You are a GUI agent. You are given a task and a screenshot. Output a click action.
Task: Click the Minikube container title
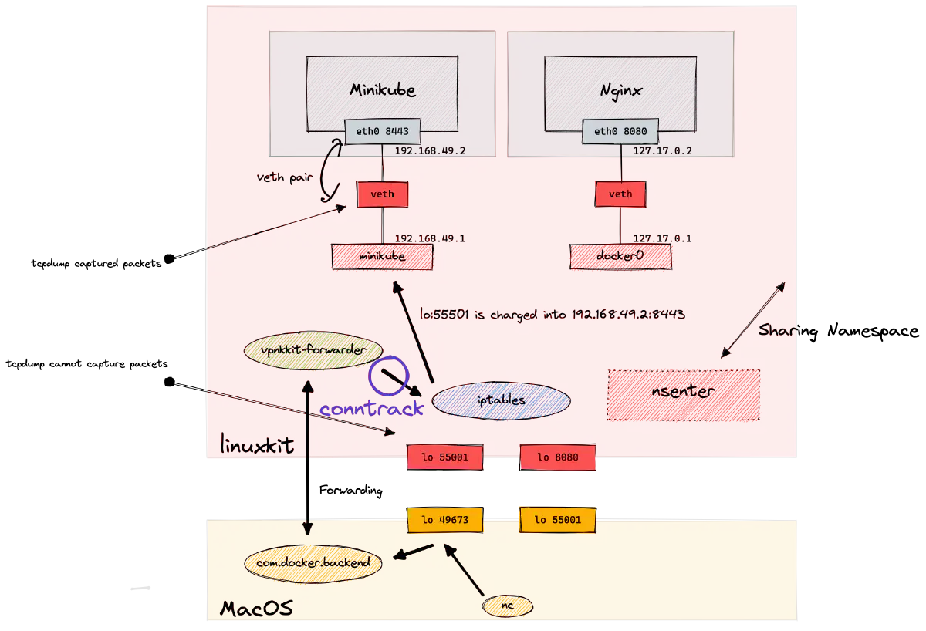coord(382,90)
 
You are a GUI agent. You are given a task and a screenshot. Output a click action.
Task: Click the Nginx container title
coord(620,90)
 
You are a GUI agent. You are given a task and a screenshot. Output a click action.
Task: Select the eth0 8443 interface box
coord(382,132)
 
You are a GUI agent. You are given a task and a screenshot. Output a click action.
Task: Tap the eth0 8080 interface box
coord(620,132)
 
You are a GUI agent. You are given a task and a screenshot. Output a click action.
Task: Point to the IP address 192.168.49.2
coord(430,151)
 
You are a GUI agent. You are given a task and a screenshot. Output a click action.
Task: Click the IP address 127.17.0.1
coord(662,238)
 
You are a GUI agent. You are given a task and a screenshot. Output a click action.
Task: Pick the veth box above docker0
coord(620,194)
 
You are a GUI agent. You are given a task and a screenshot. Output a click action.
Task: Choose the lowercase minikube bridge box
coord(382,257)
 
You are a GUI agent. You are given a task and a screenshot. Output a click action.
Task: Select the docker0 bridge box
coord(620,257)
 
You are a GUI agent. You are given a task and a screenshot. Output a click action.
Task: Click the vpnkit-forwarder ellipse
coord(313,350)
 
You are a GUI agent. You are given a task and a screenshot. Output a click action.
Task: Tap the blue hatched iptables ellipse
coord(501,401)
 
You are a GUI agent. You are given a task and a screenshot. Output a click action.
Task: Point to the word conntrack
coord(372,409)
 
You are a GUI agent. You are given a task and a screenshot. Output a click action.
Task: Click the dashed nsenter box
coord(684,394)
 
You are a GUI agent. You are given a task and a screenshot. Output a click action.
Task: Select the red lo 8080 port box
coord(557,457)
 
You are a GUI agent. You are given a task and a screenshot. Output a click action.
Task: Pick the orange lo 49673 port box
coord(444,520)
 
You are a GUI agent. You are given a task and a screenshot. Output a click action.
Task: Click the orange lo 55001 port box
coord(557,520)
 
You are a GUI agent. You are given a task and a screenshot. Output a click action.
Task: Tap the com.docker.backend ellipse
coord(313,562)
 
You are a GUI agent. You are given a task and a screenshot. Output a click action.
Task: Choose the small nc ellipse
coord(508,607)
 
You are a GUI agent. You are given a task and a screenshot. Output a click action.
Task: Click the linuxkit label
coord(257,445)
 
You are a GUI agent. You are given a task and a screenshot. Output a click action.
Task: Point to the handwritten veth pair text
coord(286,177)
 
